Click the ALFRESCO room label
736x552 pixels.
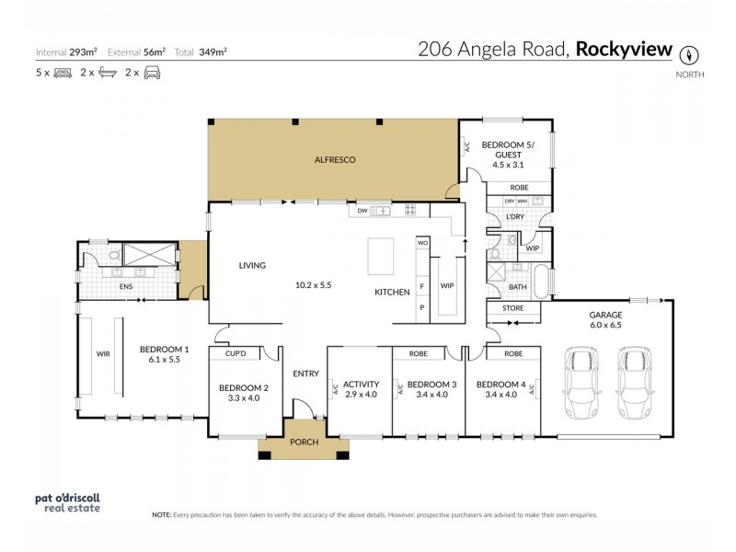(335, 160)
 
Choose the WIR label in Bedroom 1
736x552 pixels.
(102, 351)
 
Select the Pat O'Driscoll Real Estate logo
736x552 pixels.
(65, 503)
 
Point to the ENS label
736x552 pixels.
(128, 287)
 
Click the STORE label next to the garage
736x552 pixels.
(513, 308)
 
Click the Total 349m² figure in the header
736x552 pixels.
(213, 52)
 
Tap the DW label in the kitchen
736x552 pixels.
(362, 210)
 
